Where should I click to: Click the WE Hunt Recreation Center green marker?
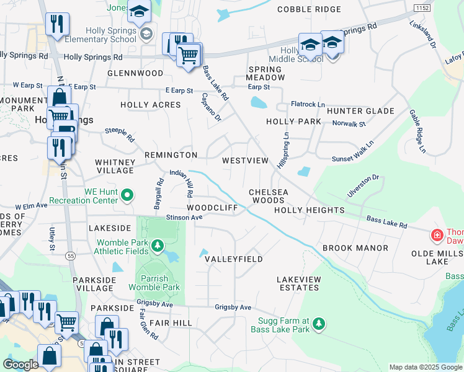coord(127,196)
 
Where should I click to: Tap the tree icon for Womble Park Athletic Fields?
coord(158,246)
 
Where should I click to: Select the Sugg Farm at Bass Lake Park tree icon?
coord(318,324)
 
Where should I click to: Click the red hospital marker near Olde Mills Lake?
coord(437,236)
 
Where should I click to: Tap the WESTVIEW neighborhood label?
coord(245,161)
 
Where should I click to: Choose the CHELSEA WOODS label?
coord(269,197)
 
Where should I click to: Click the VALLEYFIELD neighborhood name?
coord(234,259)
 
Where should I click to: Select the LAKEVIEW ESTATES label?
coord(298,284)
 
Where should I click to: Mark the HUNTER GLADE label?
coord(360,111)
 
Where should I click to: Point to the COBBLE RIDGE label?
coord(309,9)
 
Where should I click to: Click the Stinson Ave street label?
coord(184,218)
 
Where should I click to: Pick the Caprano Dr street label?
coord(210,107)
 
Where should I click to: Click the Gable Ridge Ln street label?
coord(417,131)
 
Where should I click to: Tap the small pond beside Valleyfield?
coord(204,253)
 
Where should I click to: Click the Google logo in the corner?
coord(20,365)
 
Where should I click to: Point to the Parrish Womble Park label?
coord(154,283)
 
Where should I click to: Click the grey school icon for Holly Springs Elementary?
coord(146,33)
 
